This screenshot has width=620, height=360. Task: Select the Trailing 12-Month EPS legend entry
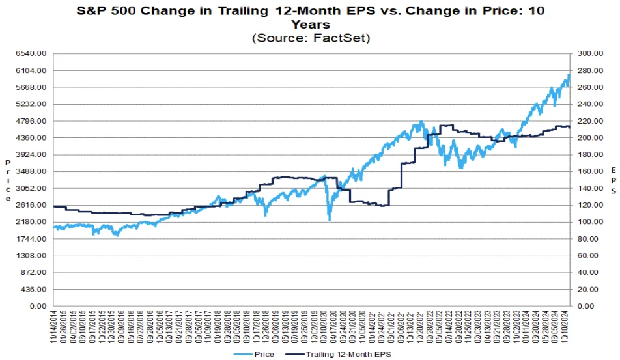pyautogui.click(x=345, y=354)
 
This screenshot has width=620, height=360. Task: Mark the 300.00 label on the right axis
pyautogui.click(x=589, y=54)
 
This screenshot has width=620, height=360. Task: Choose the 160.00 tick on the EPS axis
pyautogui.click(x=589, y=172)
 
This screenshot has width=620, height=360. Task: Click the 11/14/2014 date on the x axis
pyautogui.click(x=54, y=327)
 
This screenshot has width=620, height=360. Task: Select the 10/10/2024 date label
pyautogui.click(x=567, y=327)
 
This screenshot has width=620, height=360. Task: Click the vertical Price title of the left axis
pyautogui.click(x=8, y=180)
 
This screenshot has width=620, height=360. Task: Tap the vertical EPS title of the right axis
pyautogui.click(x=613, y=180)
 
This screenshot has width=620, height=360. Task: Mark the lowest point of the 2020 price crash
pyautogui.click(x=330, y=220)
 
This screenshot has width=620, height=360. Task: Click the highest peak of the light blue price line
pyautogui.click(x=569, y=74)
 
